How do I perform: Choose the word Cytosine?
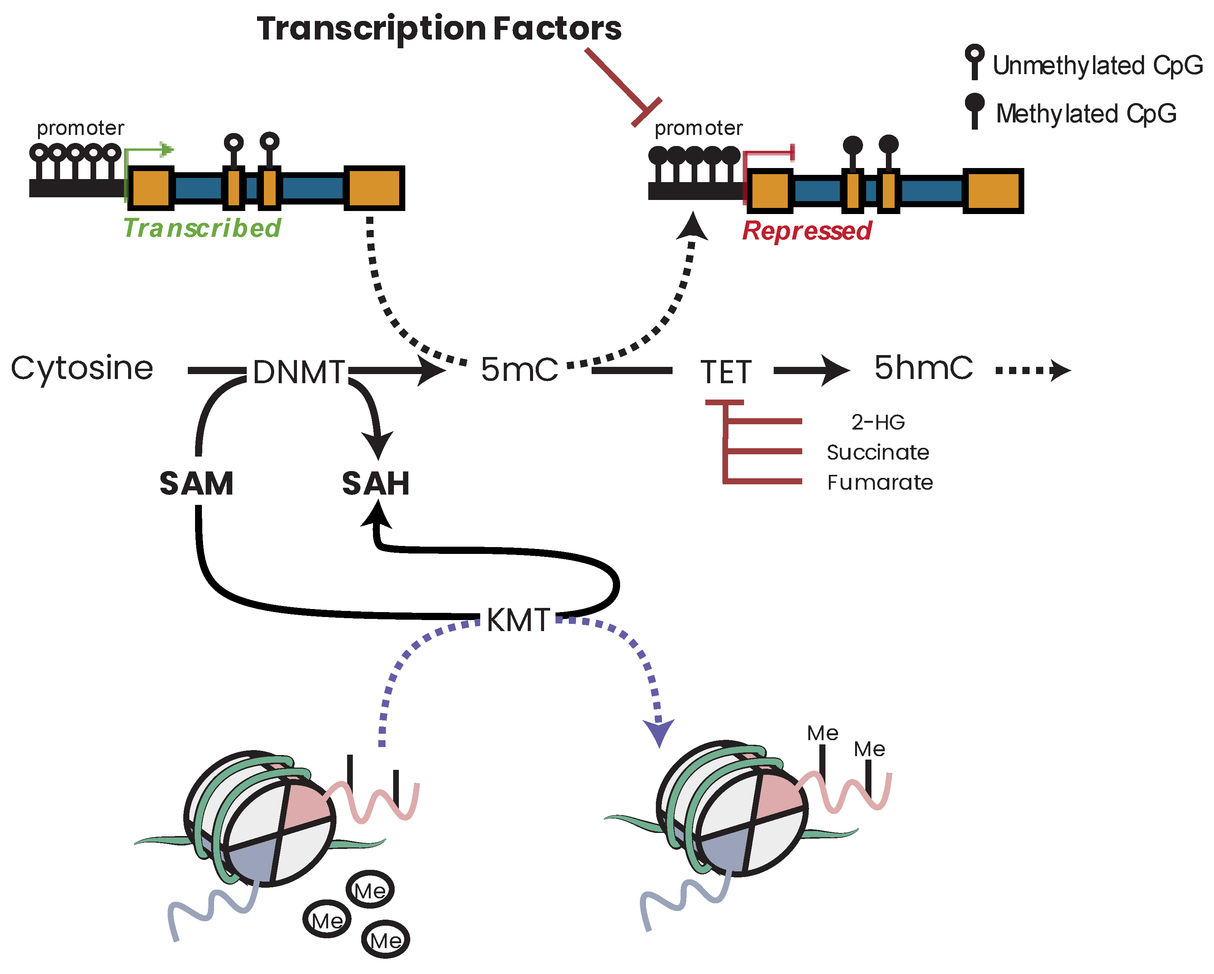pyautogui.click(x=82, y=369)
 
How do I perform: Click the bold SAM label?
pyautogui.click(x=197, y=484)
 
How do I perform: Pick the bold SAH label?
pyautogui.click(x=376, y=484)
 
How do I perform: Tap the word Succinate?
pyautogui.click(x=877, y=452)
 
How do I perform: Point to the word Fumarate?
pyautogui.click(x=879, y=482)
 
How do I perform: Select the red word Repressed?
pyautogui.click(x=806, y=231)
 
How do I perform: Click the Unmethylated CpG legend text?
pyautogui.click(x=1097, y=65)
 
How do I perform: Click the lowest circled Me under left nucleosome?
pyautogui.click(x=385, y=940)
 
